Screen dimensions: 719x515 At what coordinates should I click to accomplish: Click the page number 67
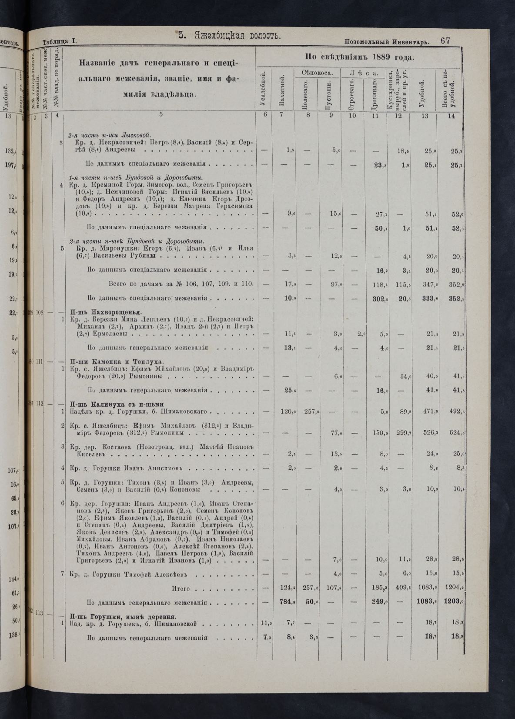445,41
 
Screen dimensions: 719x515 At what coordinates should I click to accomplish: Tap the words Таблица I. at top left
60,41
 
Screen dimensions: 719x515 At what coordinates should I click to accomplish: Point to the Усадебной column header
263,92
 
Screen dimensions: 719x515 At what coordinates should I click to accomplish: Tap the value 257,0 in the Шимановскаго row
311,411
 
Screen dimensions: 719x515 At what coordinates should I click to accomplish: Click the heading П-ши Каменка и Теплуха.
116,362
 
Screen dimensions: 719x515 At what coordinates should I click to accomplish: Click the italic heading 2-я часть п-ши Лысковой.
110,134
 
